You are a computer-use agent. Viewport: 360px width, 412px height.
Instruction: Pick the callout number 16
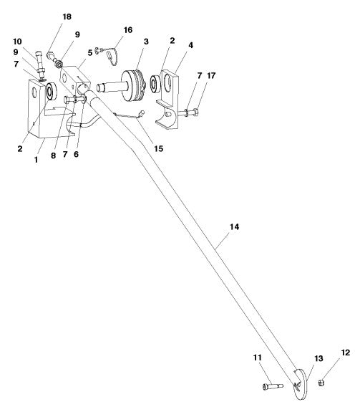pos(128,30)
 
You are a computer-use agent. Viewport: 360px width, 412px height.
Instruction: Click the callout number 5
pos(90,52)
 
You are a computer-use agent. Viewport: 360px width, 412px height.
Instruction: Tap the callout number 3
pos(145,42)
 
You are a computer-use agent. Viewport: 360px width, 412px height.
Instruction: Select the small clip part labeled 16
pos(107,52)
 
